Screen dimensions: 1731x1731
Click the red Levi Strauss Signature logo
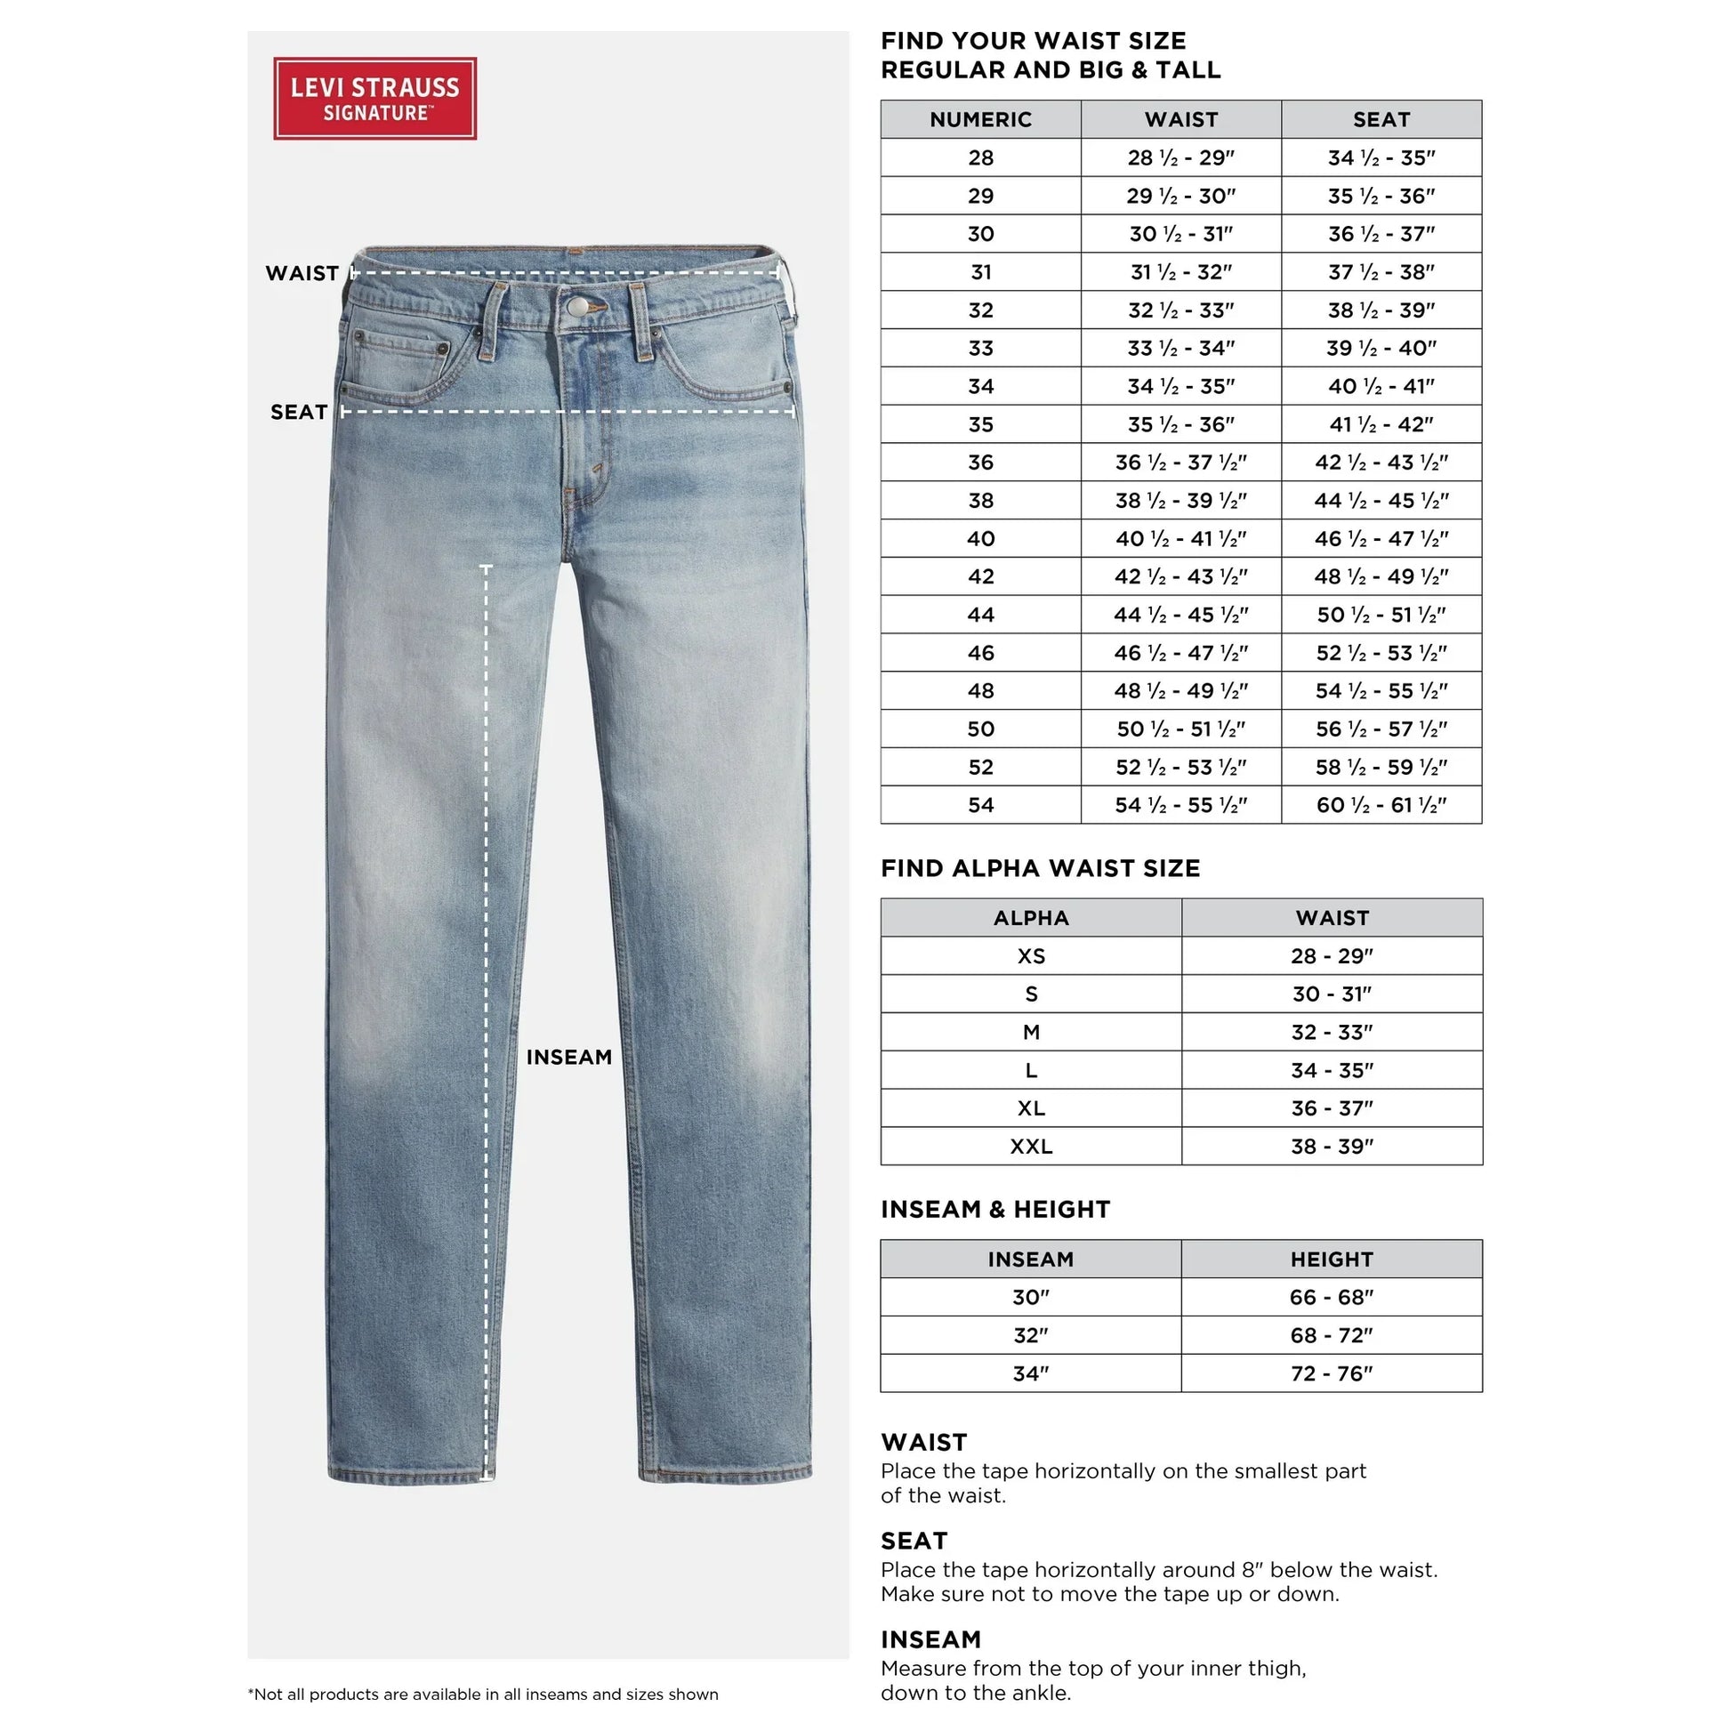374,99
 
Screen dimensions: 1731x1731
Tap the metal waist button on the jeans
578,307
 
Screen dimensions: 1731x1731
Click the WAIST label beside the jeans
302,273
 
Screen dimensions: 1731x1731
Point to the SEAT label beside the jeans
298,412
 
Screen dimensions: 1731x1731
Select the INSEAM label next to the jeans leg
569,1058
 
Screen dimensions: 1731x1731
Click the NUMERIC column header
980,119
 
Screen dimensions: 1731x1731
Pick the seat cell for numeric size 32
1381,310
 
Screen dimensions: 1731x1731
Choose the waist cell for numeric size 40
1180,538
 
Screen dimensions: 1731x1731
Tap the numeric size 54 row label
980,805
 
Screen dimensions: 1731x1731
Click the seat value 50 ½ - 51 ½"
1381,615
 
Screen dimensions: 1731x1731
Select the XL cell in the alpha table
1030,1107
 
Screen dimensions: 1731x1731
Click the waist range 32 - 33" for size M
1332,1032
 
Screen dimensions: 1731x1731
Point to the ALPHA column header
1030,917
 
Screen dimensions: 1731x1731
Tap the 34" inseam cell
1030,1373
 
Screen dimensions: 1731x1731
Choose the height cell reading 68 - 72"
1332,1335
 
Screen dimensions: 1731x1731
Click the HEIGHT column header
1332,1259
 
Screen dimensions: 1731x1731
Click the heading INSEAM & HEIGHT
994,1210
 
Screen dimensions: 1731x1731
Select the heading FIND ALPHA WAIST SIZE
1039,868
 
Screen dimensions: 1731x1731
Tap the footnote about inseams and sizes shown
483,1695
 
